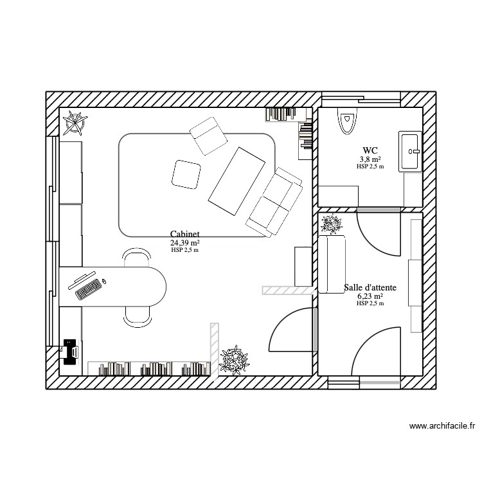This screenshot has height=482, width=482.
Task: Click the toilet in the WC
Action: [348, 121]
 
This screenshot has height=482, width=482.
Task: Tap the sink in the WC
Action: [409, 152]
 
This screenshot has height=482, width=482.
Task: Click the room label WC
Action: [370, 150]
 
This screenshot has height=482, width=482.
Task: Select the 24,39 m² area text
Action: [184, 243]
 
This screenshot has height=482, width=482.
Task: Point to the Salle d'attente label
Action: [370, 288]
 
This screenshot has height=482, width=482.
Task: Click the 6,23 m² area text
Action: [370, 296]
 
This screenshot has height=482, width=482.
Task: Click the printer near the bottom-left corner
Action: [69, 351]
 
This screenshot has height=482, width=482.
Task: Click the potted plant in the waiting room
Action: [332, 224]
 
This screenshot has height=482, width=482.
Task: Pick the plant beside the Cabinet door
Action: [235, 360]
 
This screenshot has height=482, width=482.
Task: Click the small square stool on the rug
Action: [186, 174]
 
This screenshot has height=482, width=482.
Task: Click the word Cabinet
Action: [184, 235]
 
